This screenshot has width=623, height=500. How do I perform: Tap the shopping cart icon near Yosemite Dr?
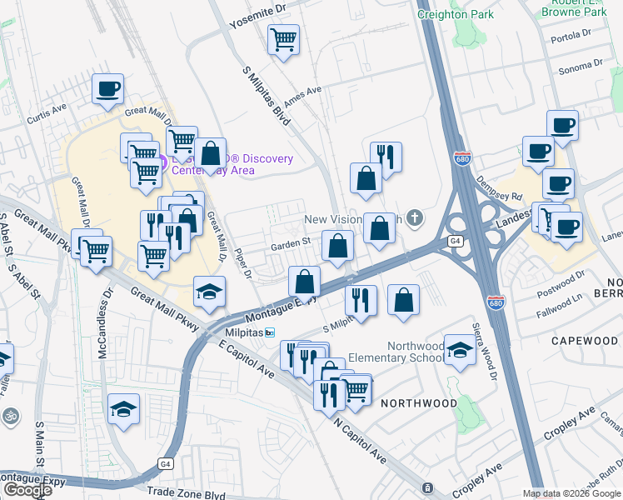pyautogui.click(x=284, y=38)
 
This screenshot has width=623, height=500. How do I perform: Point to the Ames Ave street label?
pyautogui.click(x=302, y=97)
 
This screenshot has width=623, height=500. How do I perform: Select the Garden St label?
pyautogui.click(x=291, y=244)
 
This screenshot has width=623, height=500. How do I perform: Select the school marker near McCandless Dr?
pyautogui.click(x=124, y=408)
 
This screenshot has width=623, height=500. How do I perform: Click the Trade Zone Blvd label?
pyautogui.click(x=186, y=494)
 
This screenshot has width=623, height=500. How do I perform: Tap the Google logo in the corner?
pyautogui.click(x=27, y=490)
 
